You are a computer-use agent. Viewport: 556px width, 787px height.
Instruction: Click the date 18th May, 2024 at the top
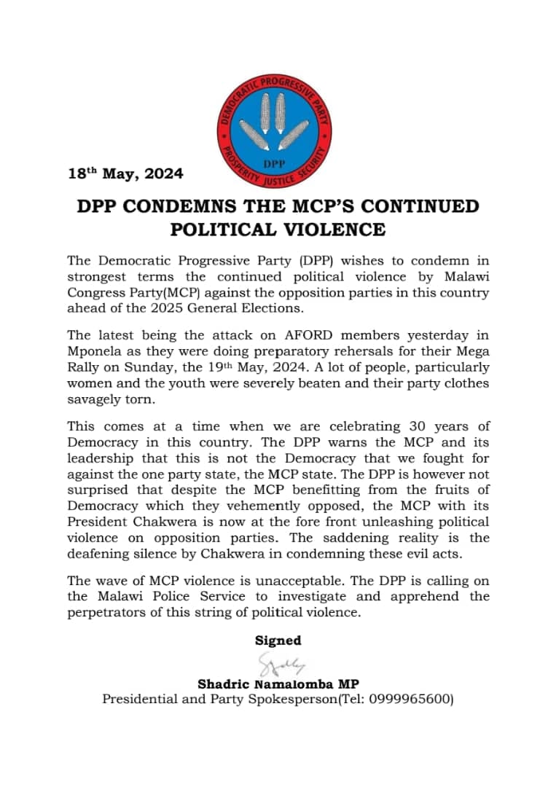125,174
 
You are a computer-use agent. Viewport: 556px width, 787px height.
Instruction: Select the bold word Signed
278,641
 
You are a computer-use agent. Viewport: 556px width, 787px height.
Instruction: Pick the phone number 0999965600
410,700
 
